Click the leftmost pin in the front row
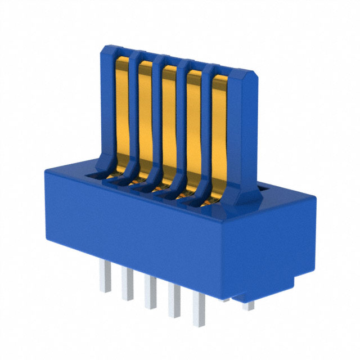(x=103, y=278)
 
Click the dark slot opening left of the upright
(x=90, y=175)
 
